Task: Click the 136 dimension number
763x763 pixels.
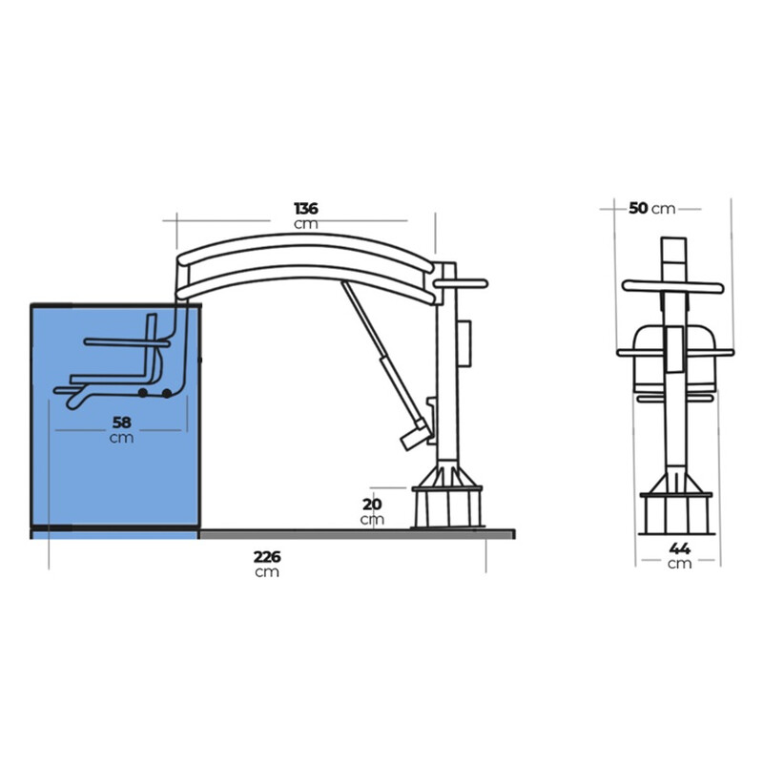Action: pyautogui.click(x=306, y=208)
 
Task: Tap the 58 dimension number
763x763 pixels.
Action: pyautogui.click(x=121, y=422)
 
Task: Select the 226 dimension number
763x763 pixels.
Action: pyautogui.click(x=267, y=557)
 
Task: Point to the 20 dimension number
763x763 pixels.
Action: pyautogui.click(x=372, y=505)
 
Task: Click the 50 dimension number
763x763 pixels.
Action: pyautogui.click(x=638, y=208)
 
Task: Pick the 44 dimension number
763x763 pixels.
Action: pyautogui.click(x=680, y=548)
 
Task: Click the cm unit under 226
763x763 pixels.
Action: pyautogui.click(x=267, y=571)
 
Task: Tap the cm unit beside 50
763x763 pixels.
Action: pyautogui.click(x=663, y=209)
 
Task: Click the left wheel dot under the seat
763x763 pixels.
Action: pyautogui.click(x=142, y=393)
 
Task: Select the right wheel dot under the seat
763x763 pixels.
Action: pyautogui.click(x=167, y=393)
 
